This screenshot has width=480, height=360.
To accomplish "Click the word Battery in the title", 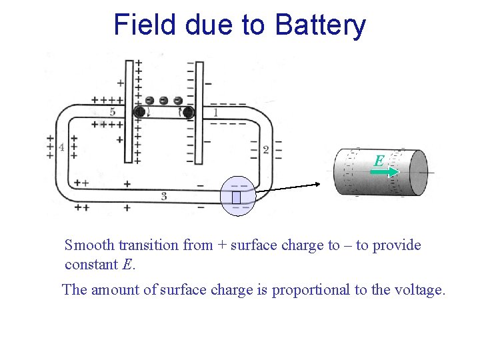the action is pyautogui.click(x=320, y=25).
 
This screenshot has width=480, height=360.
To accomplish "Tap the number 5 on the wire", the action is pyautogui.click(x=112, y=112).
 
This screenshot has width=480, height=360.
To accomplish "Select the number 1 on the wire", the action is pyautogui.click(x=215, y=113).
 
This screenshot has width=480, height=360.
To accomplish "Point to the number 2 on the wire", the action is pyautogui.click(x=265, y=150).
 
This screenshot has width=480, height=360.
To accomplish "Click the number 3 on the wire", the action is pyautogui.click(x=164, y=196).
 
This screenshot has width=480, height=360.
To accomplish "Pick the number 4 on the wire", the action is pyautogui.click(x=61, y=147).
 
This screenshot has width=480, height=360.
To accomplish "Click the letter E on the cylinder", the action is pyautogui.click(x=379, y=161).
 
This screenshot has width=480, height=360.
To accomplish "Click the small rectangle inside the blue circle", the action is pyautogui.click(x=236, y=197).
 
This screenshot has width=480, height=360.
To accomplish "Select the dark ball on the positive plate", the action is pyautogui.click(x=139, y=112).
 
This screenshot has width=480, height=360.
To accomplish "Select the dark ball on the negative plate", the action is pyautogui.click(x=189, y=113).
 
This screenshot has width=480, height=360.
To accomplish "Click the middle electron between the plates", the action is pyautogui.click(x=164, y=101).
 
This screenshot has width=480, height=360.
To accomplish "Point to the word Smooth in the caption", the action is pyautogui.click(x=87, y=245).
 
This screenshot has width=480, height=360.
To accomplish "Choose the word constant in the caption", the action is pyautogui.click(x=92, y=265).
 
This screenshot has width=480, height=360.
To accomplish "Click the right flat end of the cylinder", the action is pyautogui.click(x=418, y=172).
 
